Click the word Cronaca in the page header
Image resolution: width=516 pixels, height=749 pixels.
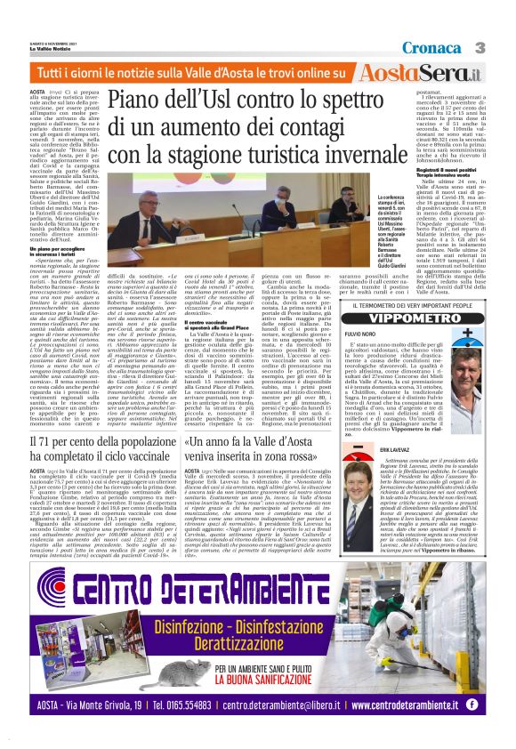pos(433,47)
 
